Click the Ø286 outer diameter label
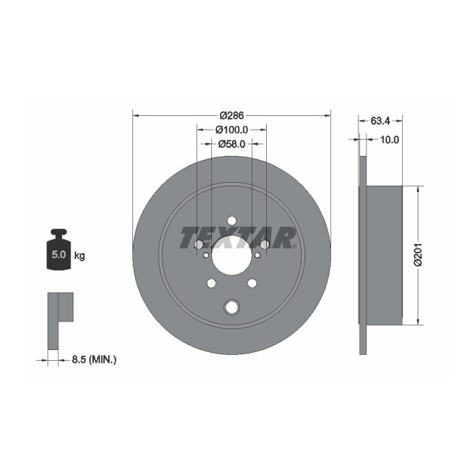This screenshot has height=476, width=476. pyautogui.click(x=232, y=115)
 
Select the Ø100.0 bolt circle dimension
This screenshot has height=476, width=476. pyautogui.click(x=231, y=129)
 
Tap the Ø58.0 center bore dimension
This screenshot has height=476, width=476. pyautogui.click(x=231, y=144)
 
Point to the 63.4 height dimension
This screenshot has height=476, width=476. pyautogui.click(x=380, y=120)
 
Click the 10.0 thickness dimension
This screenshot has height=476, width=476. pyautogui.click(x=388, y=139)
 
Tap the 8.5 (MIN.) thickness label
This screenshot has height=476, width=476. pyautogui.click(x=93, y=360)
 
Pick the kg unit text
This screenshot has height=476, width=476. pyautogui.click(x=80, y=255)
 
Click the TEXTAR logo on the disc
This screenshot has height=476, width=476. pyautogui.click(x=237, y=237)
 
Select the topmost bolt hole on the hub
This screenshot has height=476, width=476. pyautogui.click(x=232, y=221)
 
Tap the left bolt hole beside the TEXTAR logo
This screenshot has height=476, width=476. pyautogui.click(x=199, y=245)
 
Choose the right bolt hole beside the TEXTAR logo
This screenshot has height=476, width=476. pyautogui.click(x=265, y=245)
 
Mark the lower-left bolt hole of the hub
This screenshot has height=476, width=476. pyautogui.click(x=211, y=284)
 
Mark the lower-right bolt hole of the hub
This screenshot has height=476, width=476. pyautogui.click(x=252, y=284)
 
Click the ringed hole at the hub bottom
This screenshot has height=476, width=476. pyautogui.click(x=232, y=307)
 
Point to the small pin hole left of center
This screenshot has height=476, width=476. pyautogui.click(x=206, y=255)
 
